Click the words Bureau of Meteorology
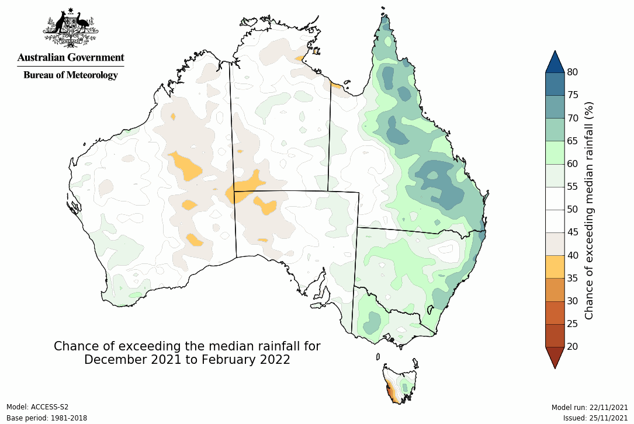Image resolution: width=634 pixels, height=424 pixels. pyautogui.click(x=70, y=75)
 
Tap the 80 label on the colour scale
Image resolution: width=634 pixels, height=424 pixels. pyautogui.click(x=573, y=72)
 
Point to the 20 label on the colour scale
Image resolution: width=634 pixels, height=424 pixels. pyautogui.click(x=573, y=346)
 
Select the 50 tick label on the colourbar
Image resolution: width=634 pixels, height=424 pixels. pyautogui.click(x=573, y=209)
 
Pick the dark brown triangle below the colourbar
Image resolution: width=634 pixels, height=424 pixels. pyautogui.click(x=555, y=356)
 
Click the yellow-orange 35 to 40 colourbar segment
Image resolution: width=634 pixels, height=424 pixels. pyautogui.click(x=555, y=266)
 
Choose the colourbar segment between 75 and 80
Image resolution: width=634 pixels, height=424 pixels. pyautogui.click(x=555, y=84)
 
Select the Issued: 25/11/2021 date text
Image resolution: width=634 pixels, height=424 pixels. pyautogui.click(x=595, y=418)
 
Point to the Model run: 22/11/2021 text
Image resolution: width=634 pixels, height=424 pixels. pyautogui.click(x=589, y=407)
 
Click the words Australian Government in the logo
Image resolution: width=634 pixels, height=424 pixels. pyautogui.click(x=70, y=58)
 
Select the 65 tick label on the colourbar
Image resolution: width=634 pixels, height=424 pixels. pyautogui.click(x=573, y=141)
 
